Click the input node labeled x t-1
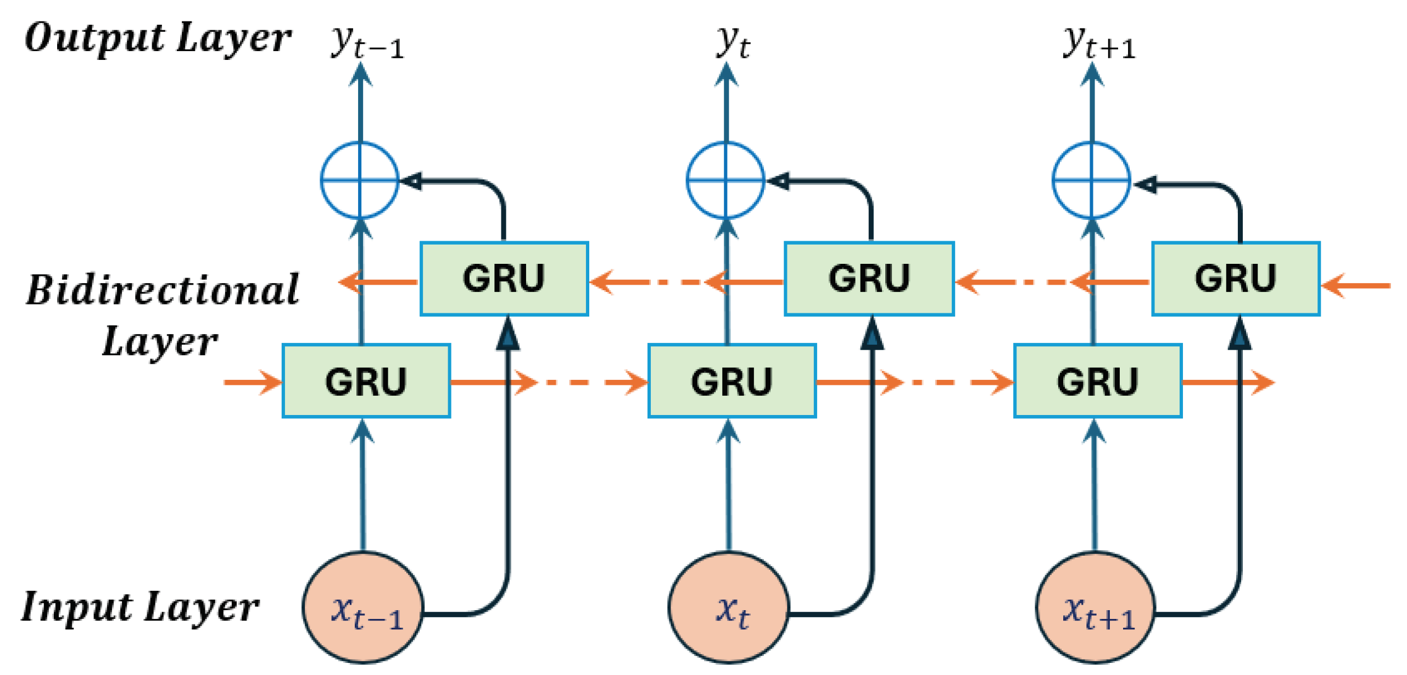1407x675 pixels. [x=363, y=608]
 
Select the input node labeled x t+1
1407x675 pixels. [x=1095, y=608]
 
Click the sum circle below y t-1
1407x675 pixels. [x=360, y=180]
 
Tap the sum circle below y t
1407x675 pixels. [x=725, y=180]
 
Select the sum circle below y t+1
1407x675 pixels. [x=1091, y=180]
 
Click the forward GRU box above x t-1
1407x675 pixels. [x=366, y=381]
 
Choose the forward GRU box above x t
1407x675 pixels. [x=732, y=381]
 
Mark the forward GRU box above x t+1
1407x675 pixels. [x=1098, y=381]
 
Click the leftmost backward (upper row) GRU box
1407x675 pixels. [x=504, y=278]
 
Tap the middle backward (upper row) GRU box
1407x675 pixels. [x=869, y=278]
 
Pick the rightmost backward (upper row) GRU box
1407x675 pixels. [x=1236, y=278]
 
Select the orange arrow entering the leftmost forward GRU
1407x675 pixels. [x=253, y=382]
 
